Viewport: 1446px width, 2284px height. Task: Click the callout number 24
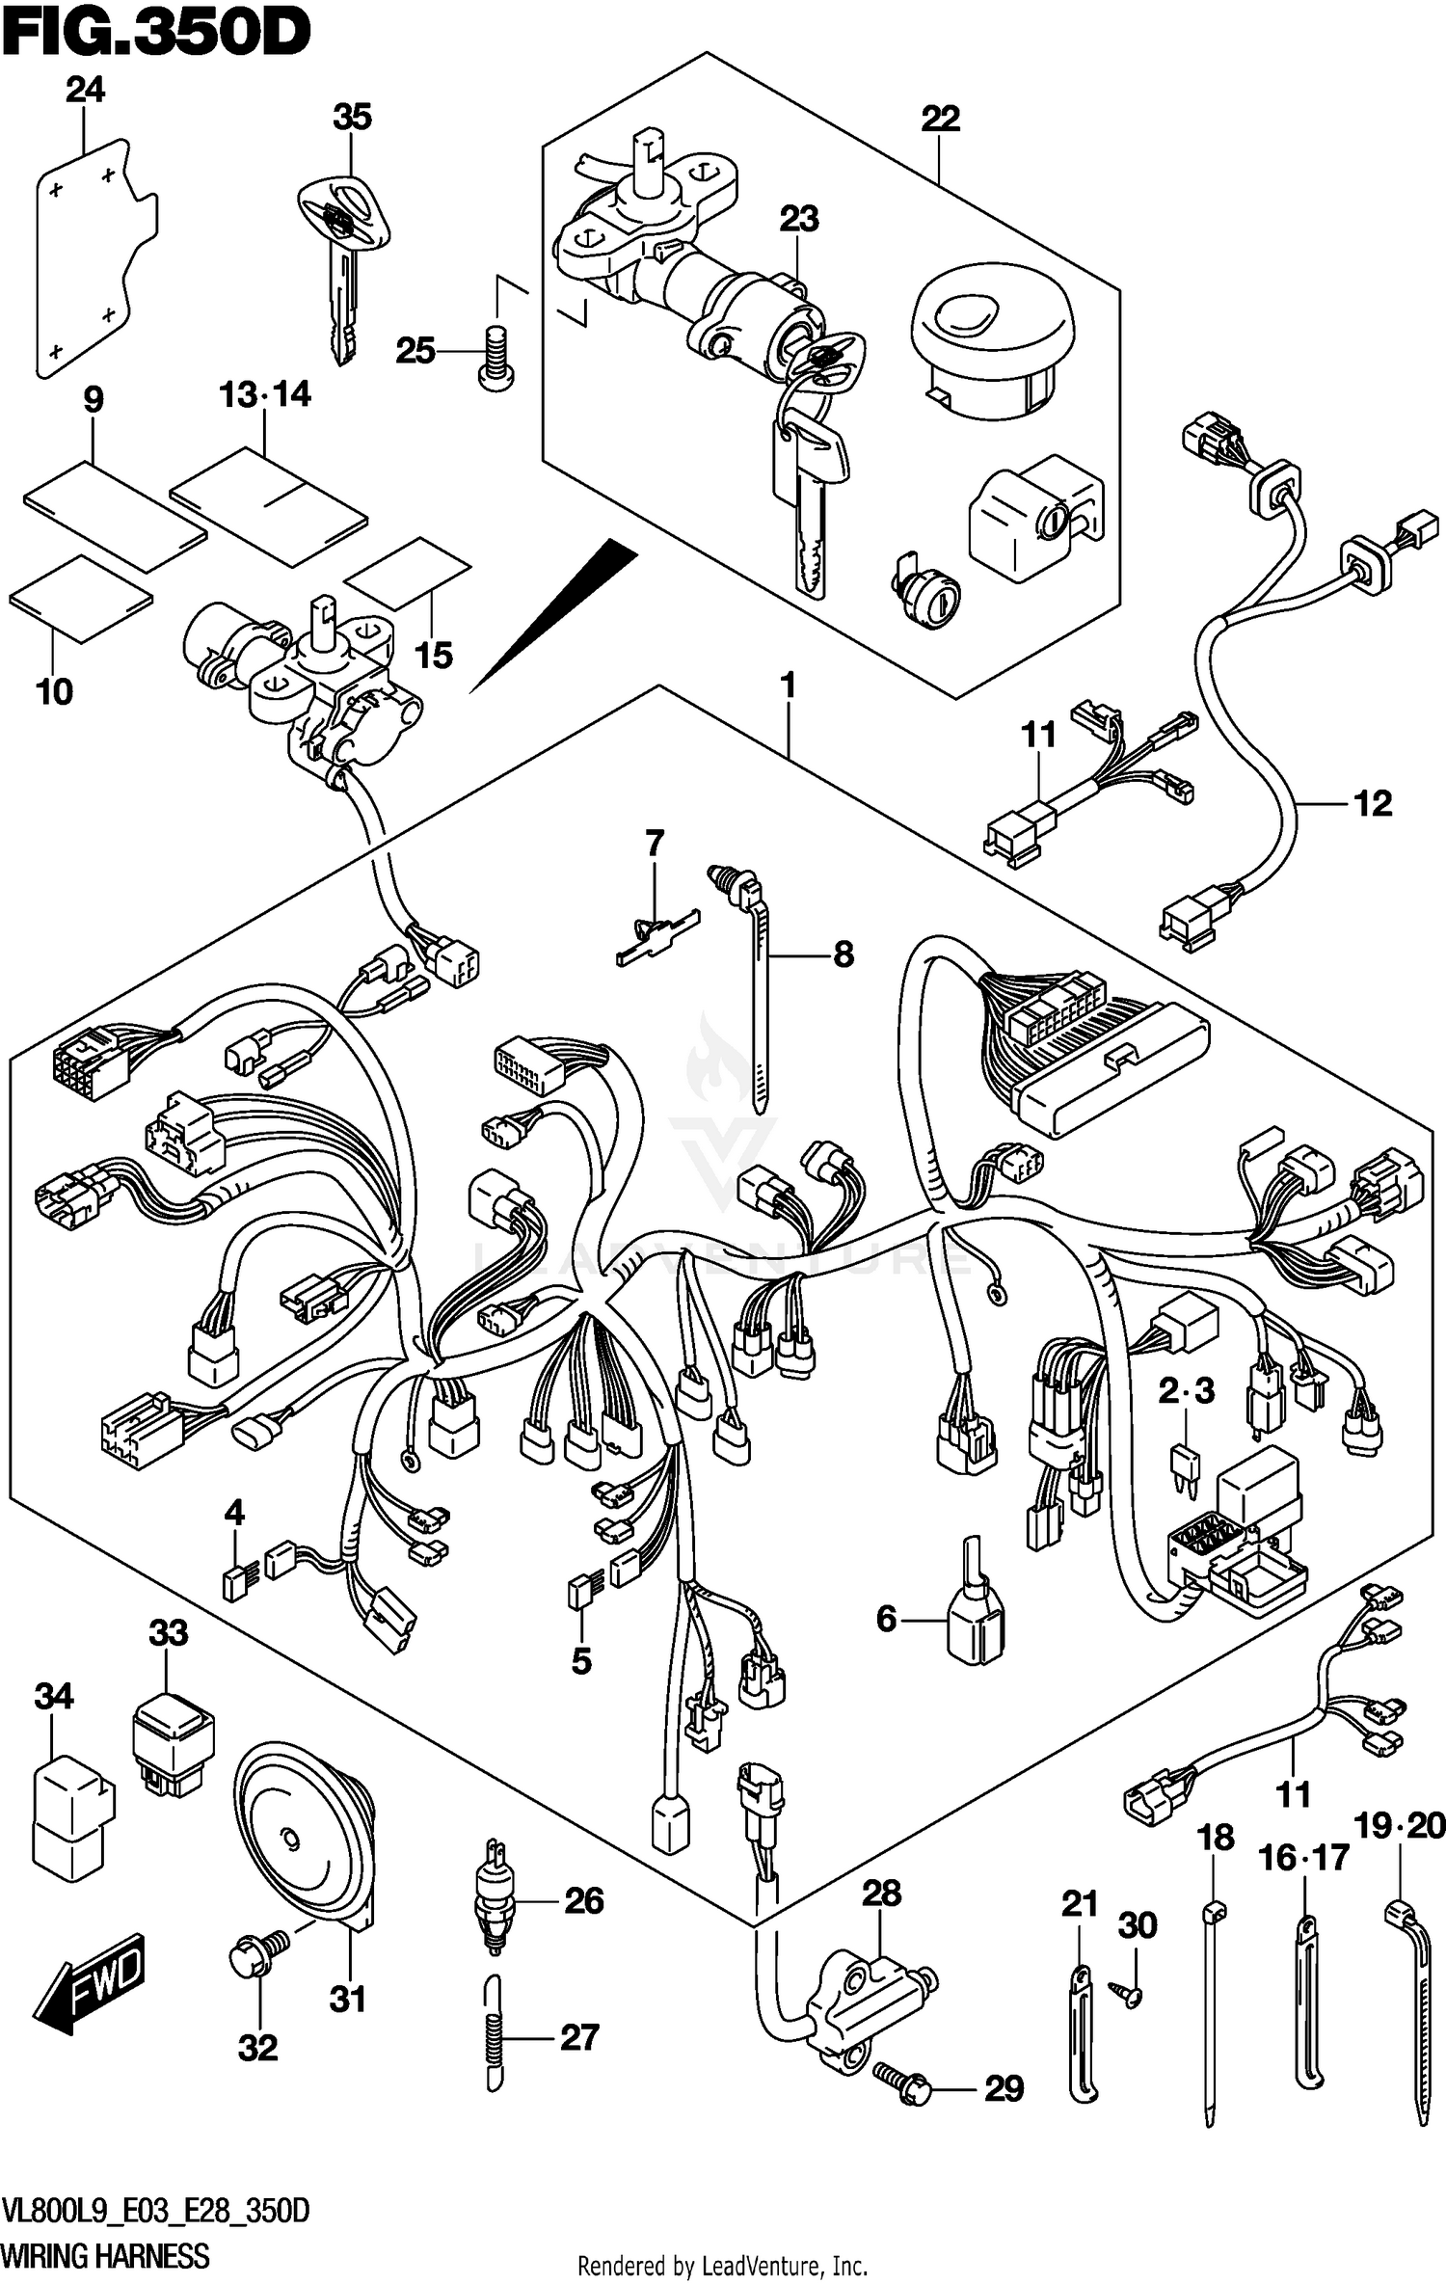click(85, 91)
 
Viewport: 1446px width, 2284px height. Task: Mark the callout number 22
click(940, 120)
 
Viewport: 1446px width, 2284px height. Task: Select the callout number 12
click(1373, 803)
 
